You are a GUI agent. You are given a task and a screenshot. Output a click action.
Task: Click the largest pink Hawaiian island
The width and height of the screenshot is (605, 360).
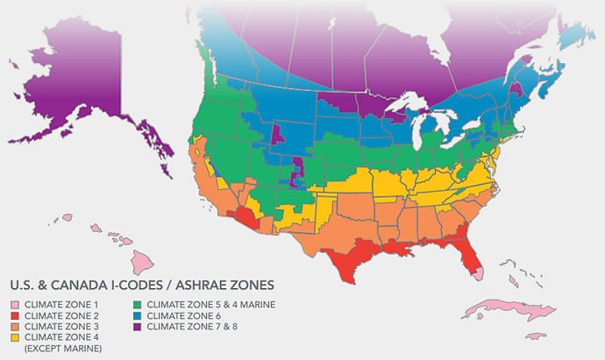pyautogui.click(x=142, y=261)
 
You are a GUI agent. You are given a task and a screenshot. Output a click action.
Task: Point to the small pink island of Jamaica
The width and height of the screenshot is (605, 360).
pyautogui.click(x=536, y=336)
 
